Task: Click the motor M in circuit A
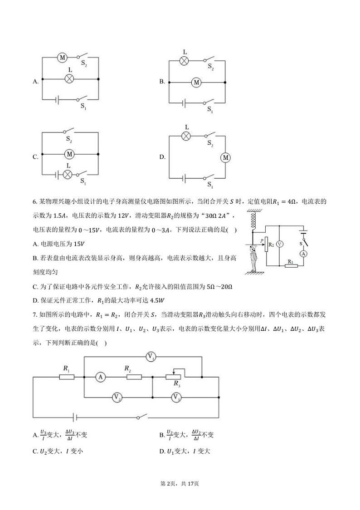click(x=62, y=58)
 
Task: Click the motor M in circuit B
click(x=196, y=82)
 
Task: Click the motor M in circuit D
click(x=225, y=157)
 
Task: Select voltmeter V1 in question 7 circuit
click(x=151, y=357)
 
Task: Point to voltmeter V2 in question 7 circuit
click(x=117, y=397)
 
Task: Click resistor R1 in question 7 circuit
click(x=67, y=377)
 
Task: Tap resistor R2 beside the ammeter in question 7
click(x=134, y=377)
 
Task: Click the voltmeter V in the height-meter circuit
click(x=280, y=244)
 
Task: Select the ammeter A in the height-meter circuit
click(x=305, y=254)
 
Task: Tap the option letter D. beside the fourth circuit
click(x=162, y=157)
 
